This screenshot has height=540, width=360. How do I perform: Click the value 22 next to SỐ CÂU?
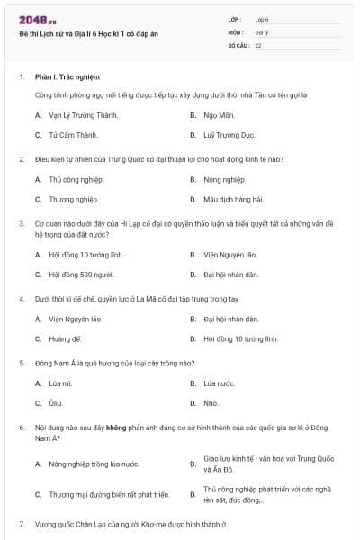(258, 44)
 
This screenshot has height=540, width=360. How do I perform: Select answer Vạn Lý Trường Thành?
(75, 115)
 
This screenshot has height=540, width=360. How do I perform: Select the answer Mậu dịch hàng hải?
(233, 199)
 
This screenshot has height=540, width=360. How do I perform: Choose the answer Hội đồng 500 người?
(81, 274)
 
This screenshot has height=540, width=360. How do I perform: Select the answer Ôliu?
(56, 402)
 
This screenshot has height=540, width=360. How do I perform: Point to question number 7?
(22, 523)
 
